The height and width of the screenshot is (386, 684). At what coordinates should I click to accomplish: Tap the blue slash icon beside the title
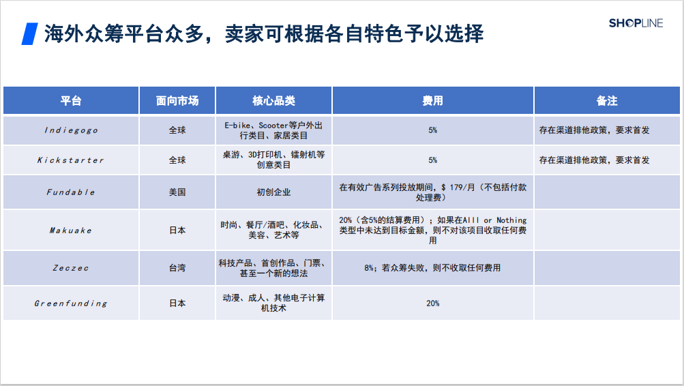pos(29,33)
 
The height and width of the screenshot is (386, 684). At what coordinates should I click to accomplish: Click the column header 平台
pos(70,101)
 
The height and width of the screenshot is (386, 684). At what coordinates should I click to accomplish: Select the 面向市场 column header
pos(177,101)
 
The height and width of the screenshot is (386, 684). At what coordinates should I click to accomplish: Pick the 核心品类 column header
pos(273,101)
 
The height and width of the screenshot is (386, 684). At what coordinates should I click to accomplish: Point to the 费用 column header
pos(432,101)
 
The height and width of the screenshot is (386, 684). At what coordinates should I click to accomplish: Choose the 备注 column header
pos(606,101)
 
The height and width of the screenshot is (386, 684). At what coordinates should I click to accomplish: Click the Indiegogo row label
pos(70,130)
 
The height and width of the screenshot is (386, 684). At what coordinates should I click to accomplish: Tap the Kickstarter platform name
pos(70,160)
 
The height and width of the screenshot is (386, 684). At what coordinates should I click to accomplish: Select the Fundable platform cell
pos(70,192)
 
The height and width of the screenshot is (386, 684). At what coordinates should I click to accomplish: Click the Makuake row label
pos(70,231)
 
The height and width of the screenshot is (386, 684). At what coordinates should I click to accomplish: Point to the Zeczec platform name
pos(70,268)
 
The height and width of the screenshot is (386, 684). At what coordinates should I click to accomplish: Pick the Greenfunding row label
pos(70,303)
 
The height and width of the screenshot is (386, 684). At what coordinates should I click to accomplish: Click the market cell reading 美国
pos(177,192)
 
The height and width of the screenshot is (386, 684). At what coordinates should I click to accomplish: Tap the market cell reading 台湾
pos(177,268)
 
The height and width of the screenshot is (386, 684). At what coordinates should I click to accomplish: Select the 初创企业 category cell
pos(273,192)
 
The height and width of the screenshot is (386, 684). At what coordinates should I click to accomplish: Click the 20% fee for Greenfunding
pos(432,303)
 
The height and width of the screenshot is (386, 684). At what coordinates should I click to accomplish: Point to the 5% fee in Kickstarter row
pos(432,160)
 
